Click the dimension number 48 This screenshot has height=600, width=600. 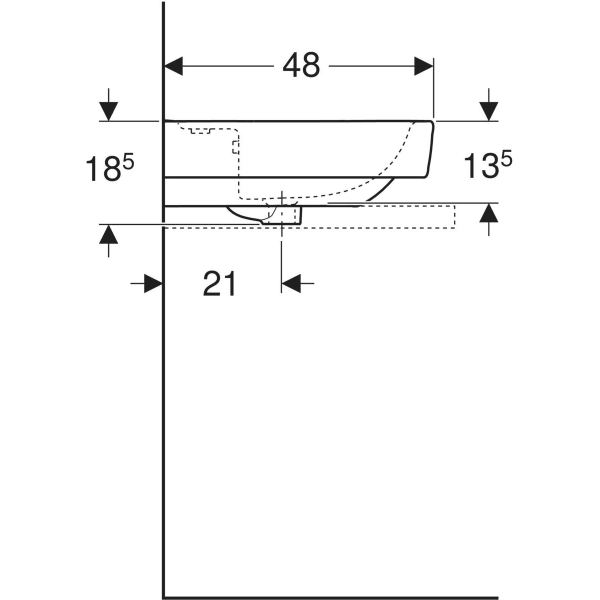click(300, 66)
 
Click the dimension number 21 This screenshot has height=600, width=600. click(220, 284)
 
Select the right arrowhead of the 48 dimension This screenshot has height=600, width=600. click(423, 66)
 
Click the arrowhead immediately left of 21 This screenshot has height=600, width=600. click(152, 284)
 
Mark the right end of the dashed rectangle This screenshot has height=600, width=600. click(454, 216)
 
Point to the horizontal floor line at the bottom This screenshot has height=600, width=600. click(330, 598)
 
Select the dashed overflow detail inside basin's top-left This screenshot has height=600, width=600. click(200, 129)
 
